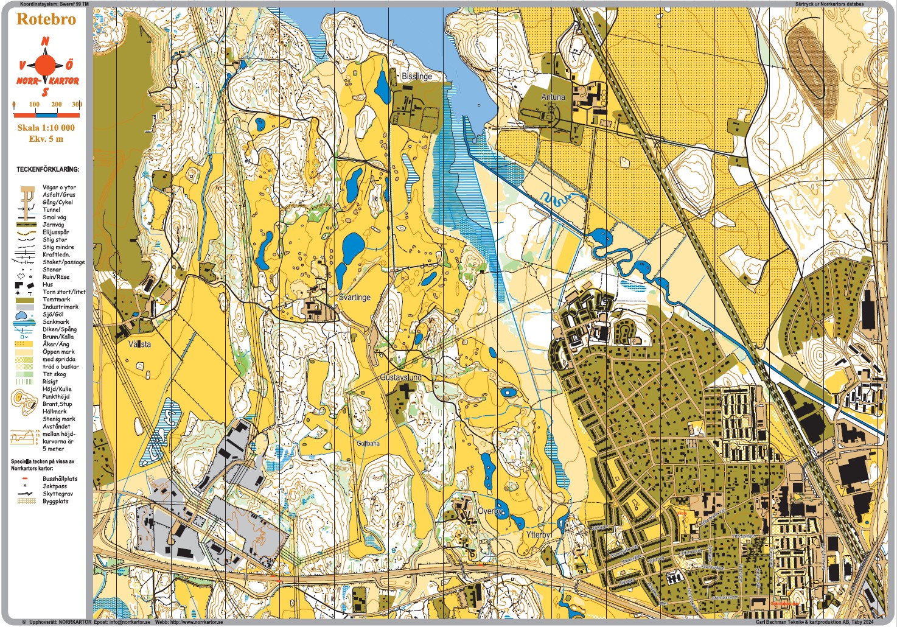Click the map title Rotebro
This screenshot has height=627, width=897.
coord(46,19)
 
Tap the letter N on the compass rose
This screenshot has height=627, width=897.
coord(46,42)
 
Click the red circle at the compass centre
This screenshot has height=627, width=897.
coord(46,65)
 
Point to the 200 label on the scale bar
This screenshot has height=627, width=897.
coord(57,105)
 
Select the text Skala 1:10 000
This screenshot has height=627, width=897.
coord(46,128)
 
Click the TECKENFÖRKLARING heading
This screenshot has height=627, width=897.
coord(47,169)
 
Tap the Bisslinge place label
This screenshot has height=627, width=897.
coord(417,77)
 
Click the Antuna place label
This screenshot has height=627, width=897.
coord(553,97)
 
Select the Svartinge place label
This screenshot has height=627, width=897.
coord(354,298)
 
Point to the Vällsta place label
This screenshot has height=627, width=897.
coord(139,345)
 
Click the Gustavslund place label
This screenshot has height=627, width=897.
coord(400,377)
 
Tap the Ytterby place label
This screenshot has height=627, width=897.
coord(537,534)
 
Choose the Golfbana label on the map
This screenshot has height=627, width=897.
coord(368,443)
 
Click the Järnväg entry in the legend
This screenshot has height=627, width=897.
coord(53,225)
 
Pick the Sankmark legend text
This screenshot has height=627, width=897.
coord(55,322)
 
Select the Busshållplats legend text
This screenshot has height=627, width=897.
coord(60,479)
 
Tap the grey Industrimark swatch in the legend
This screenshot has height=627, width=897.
coord(24,307)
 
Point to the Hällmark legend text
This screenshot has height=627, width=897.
coord(55,412)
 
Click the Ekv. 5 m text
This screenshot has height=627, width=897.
coord(46,139)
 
